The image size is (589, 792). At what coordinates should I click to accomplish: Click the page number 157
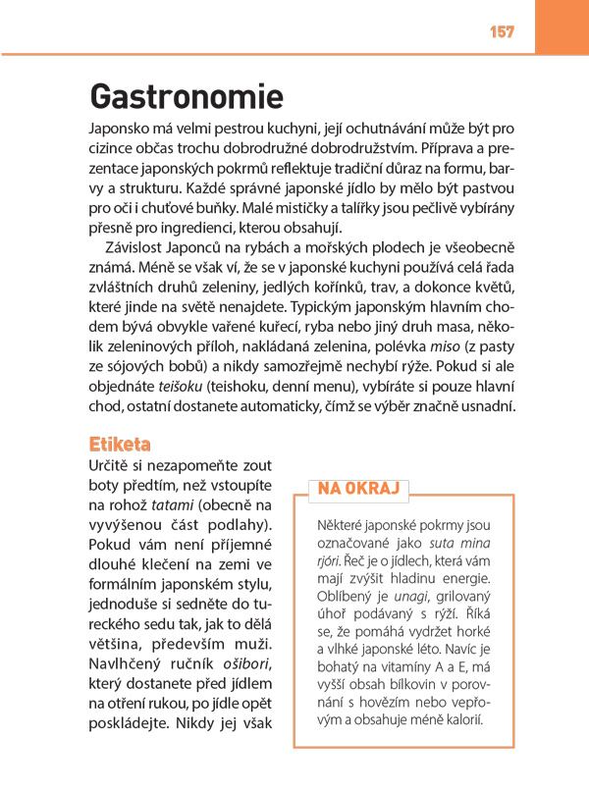pos(501,32)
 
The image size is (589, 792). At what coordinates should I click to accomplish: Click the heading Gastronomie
pos(186,96)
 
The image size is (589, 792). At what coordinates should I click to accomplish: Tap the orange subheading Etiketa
pos(119,445)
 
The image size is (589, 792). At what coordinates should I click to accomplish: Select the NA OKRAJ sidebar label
pos(358,488)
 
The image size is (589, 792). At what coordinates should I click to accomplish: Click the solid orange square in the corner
pos(562,26)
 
